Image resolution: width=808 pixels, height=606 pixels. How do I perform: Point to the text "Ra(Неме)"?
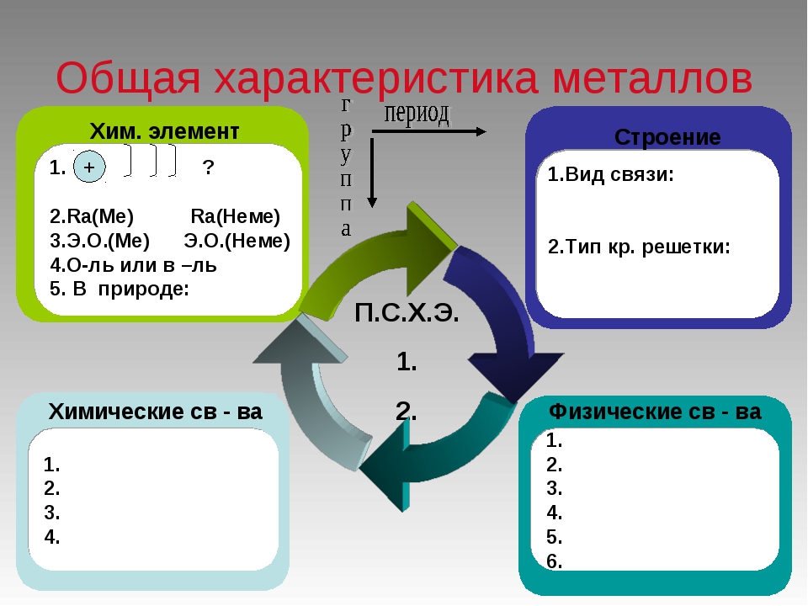pos(235,216)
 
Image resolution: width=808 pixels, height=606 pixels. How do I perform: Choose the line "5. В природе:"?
pos(120,289)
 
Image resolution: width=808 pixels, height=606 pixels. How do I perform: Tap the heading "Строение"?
pos(667,137)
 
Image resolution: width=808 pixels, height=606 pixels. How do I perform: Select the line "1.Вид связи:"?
pos(611,175)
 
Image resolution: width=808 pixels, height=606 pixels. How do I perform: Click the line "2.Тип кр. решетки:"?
pos(638,247)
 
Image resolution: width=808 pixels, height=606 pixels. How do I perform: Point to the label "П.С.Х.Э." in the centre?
pos(407,314)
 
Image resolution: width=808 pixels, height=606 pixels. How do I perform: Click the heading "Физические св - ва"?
pos(655,412)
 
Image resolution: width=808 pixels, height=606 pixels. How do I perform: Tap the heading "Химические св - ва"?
pos(156,412)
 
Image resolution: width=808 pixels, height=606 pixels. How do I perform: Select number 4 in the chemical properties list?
pos(52,536)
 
